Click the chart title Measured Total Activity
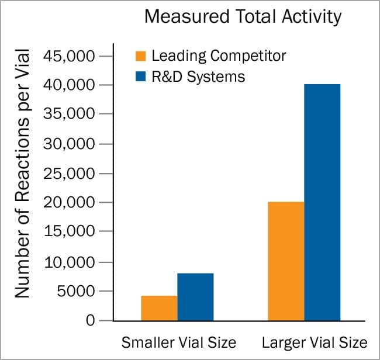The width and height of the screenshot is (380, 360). [x=243, y=17]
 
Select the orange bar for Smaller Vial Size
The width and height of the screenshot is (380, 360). [x=159, y=308]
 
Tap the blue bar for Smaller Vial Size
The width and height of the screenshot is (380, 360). [x=195, y=297]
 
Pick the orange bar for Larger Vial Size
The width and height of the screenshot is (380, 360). [x=286, y=261]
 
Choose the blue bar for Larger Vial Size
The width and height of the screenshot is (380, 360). [x=322, y=202]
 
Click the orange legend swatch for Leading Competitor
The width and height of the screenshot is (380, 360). [x=140, y=56]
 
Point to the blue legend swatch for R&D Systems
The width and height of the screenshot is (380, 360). [x=140, y=77]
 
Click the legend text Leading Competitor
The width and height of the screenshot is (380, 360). [x=219, y=56]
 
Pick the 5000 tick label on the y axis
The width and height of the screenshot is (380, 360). [x=74, y=292]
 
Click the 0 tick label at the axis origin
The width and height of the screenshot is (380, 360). [x=89, y=321]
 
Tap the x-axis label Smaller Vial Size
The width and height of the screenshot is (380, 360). [x=179, y=342]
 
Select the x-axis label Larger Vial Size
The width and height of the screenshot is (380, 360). [x=315, y=342]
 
